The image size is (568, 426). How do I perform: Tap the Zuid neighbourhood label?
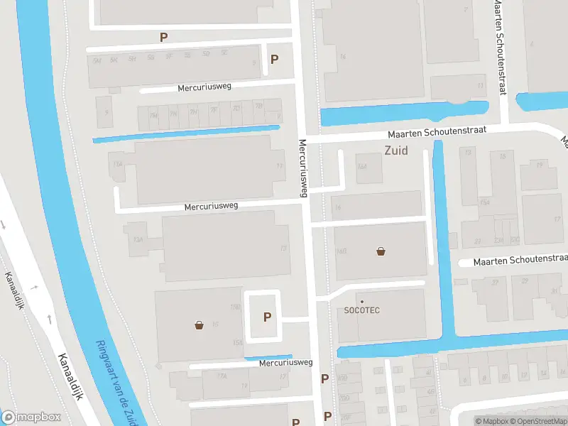pos(396,151)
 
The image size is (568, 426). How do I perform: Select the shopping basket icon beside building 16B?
pos(381,251)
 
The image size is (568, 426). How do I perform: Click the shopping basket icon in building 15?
pos(200,325)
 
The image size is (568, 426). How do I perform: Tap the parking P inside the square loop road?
pos(267,317)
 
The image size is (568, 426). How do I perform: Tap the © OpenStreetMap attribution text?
pos(537,421)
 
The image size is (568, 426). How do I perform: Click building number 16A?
pos(363,166)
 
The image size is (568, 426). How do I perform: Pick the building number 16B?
pos(341,251)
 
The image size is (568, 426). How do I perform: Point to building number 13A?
pos(138,240)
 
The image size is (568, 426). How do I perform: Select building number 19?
pos(539,165)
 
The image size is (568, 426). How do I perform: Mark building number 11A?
pos(116,164)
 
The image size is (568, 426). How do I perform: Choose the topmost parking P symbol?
pos(164,37)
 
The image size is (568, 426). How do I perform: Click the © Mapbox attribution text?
pos(491,421)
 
